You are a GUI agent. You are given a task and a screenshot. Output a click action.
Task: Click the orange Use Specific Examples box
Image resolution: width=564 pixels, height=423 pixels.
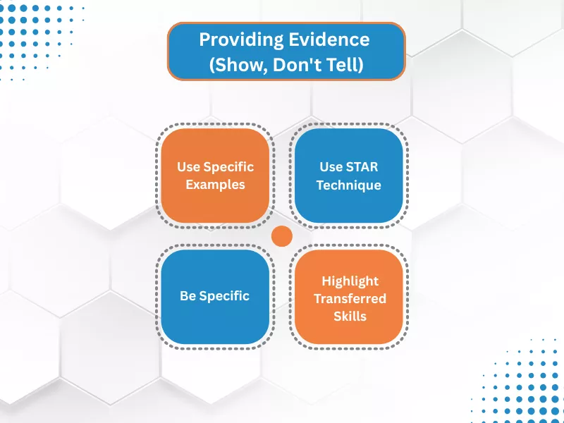tap(215, 176)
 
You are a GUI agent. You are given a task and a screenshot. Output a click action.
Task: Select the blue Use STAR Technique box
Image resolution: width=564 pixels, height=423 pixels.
tap(348, 176)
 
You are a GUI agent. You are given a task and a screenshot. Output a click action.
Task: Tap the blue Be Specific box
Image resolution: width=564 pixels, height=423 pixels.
tap(215, 296)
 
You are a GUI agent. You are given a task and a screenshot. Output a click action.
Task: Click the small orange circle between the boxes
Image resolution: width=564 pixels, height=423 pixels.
tap(282, 237)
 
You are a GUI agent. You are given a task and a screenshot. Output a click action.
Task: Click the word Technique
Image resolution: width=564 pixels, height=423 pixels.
tap(348, 185)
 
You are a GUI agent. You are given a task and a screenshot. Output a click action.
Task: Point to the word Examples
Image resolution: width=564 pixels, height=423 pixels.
tap(215, 185)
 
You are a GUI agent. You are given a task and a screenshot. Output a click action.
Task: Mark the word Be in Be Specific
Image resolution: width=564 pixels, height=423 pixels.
tap(188, 296)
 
